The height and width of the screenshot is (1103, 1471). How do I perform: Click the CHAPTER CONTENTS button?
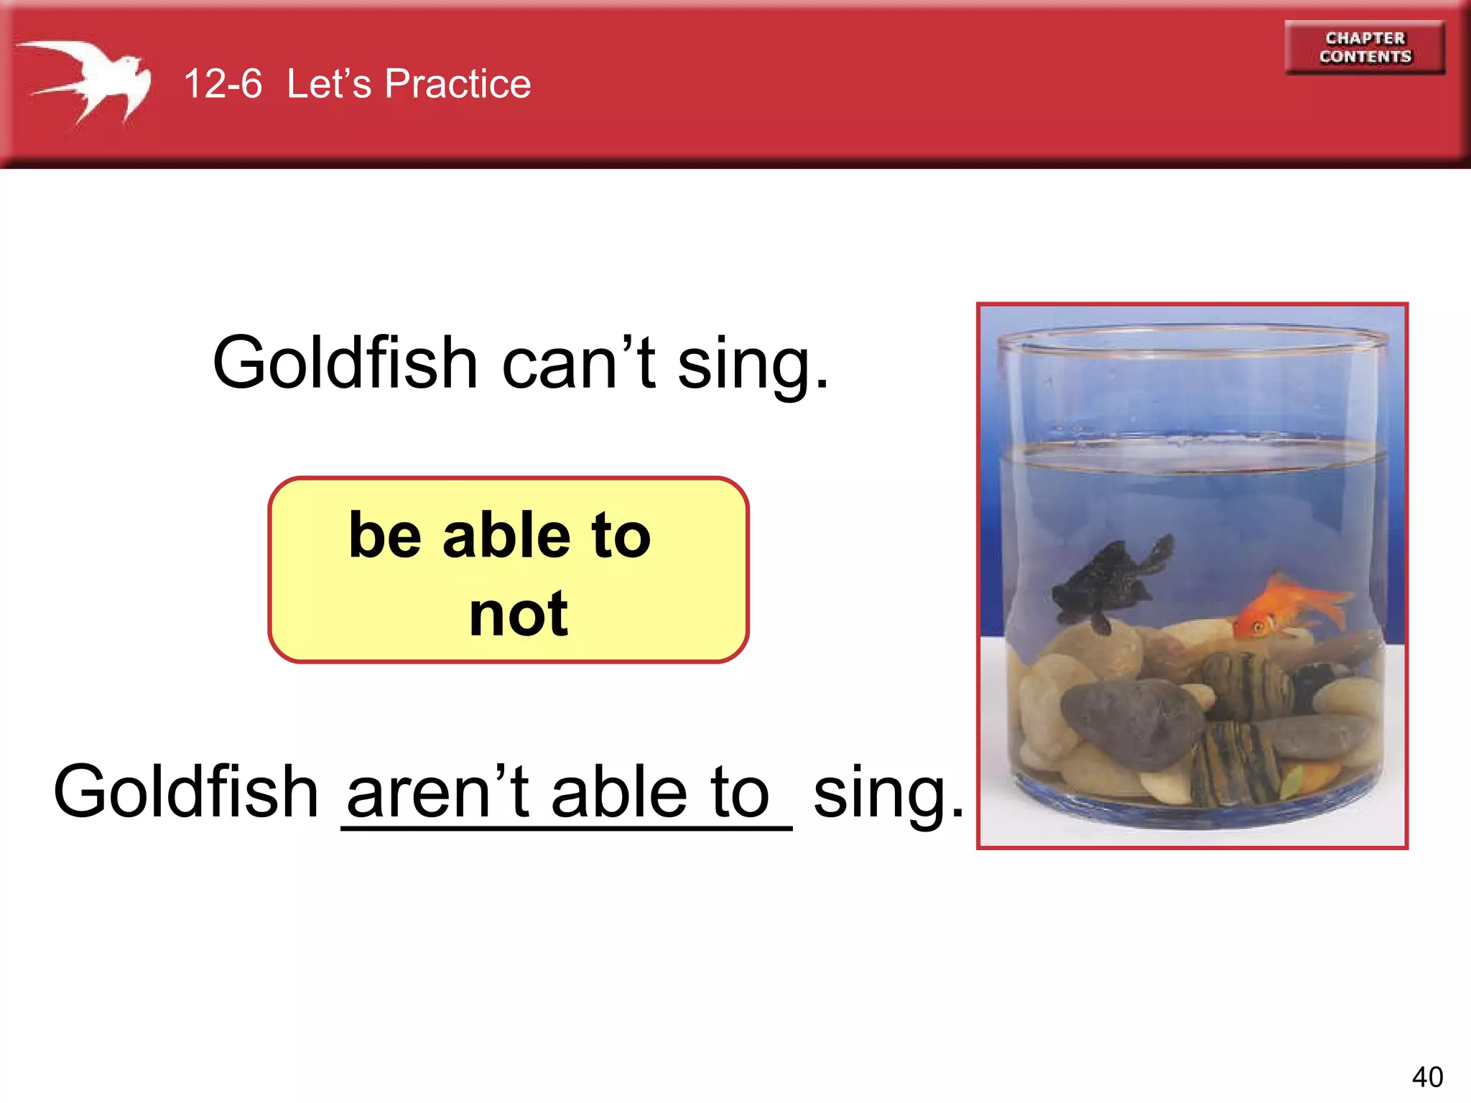[x=1365, y=47]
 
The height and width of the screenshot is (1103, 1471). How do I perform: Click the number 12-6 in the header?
[x=223, y=84]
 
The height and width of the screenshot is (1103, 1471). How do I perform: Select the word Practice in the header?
[x=458, y=84]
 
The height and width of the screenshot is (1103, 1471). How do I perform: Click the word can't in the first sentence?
[x=578, y=363]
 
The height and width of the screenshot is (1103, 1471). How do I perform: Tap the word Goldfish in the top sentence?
[x=345, y=363]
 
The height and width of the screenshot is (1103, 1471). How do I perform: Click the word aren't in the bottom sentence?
[x=438, y=792]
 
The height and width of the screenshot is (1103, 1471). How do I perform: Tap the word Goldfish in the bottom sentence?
[x=186, y=792]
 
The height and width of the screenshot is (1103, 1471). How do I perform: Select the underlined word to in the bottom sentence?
[x=740, y=792]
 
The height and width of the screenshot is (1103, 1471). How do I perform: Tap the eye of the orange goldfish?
[x=1259, y=628]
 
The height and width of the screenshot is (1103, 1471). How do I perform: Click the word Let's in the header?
[x=329, y=84]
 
